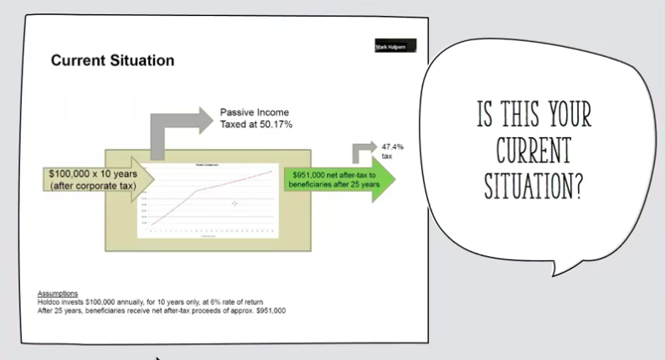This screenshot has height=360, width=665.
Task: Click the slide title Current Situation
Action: point(112,61)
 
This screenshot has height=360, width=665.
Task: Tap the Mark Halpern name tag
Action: point(395,47)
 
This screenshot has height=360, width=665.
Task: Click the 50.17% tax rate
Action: point(274,124)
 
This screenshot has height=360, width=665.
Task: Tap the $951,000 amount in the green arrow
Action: point(309,174)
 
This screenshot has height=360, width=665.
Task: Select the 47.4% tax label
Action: point(392,147)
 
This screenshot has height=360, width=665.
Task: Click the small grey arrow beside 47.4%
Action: point(363,152)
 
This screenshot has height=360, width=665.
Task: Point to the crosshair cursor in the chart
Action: point(235,203)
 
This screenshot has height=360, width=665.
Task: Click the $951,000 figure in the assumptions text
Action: point(267,310)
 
